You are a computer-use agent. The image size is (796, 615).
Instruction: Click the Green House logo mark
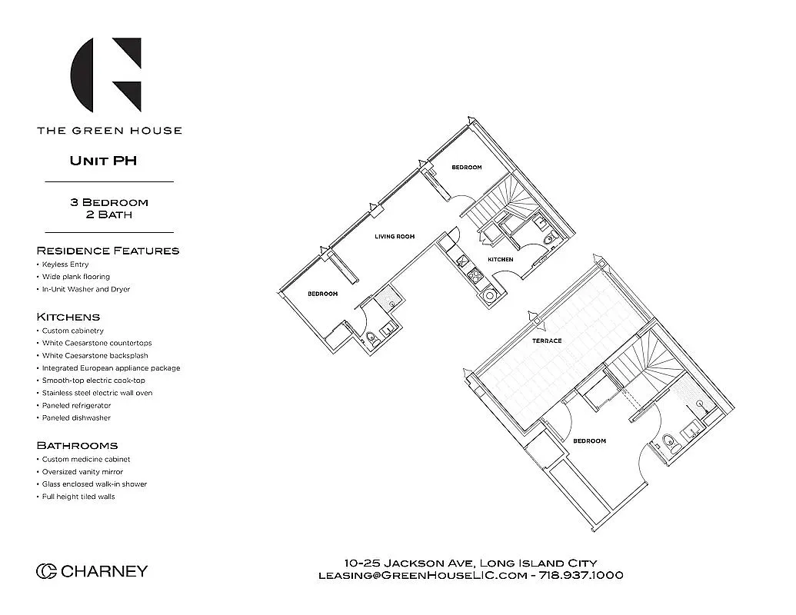point(106,75)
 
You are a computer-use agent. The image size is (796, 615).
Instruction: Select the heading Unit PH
point(103,161)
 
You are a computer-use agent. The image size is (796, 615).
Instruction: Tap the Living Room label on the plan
point(395,237)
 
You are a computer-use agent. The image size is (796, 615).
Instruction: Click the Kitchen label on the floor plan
point(501,260)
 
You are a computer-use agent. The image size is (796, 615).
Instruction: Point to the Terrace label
point(547,341)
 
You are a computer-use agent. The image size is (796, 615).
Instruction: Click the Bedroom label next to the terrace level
point(589,440)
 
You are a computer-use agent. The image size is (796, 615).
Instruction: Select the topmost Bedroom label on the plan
point(466,168)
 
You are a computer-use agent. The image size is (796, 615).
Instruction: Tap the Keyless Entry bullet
point(65,264)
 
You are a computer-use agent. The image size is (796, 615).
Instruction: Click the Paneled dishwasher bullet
point(76,418)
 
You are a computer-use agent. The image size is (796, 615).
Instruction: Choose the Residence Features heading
point(108,251)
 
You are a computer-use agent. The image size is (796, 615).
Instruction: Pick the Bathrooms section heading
point(77,445)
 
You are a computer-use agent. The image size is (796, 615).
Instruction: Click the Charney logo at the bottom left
point(92,571)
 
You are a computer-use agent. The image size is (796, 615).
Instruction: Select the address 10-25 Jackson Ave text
point(408,563)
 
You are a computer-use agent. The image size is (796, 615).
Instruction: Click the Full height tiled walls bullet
point(78,497)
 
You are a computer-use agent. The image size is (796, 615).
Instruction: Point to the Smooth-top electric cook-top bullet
point(93,381)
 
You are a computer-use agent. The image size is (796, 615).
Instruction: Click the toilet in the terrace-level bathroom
point(668,441)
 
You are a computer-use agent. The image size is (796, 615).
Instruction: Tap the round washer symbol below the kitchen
point(488,295)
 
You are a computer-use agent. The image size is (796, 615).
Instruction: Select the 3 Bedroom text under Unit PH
point(109,202)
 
